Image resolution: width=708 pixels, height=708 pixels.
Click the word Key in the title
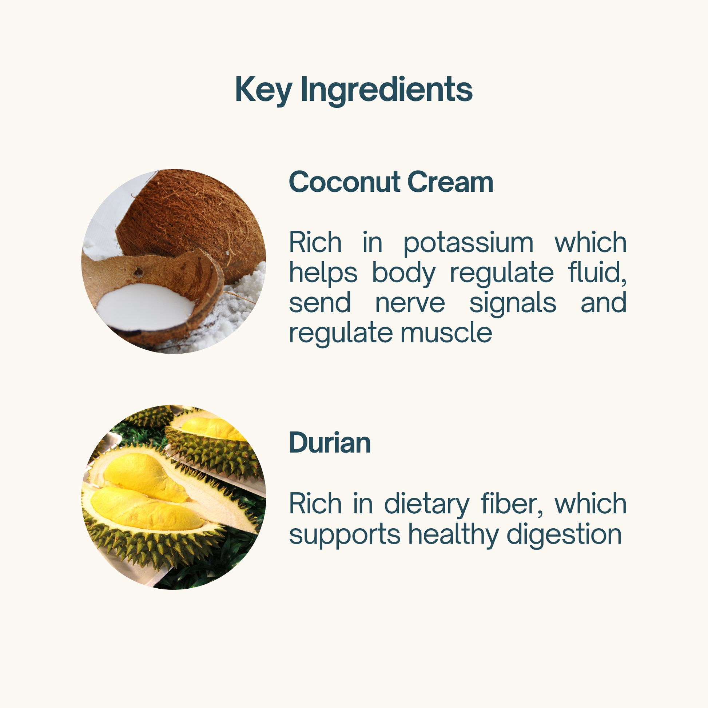[263, 90]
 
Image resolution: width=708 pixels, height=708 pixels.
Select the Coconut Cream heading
[391, 182]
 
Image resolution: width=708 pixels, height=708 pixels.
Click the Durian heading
[330, 443]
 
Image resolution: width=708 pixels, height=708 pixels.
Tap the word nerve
[410, 303]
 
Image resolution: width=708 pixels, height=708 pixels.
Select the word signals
[513, 303]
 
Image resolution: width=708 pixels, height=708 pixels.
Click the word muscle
[446, 333]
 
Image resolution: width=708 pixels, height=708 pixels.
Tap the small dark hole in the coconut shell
[138, 271]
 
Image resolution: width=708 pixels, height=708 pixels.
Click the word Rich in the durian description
[315, 504]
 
